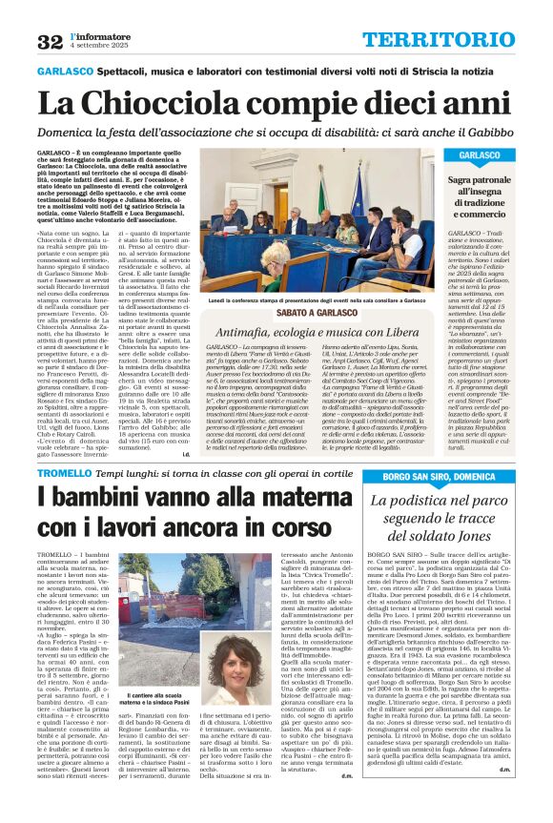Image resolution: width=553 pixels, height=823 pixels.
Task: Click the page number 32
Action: (x=50, y=41)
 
